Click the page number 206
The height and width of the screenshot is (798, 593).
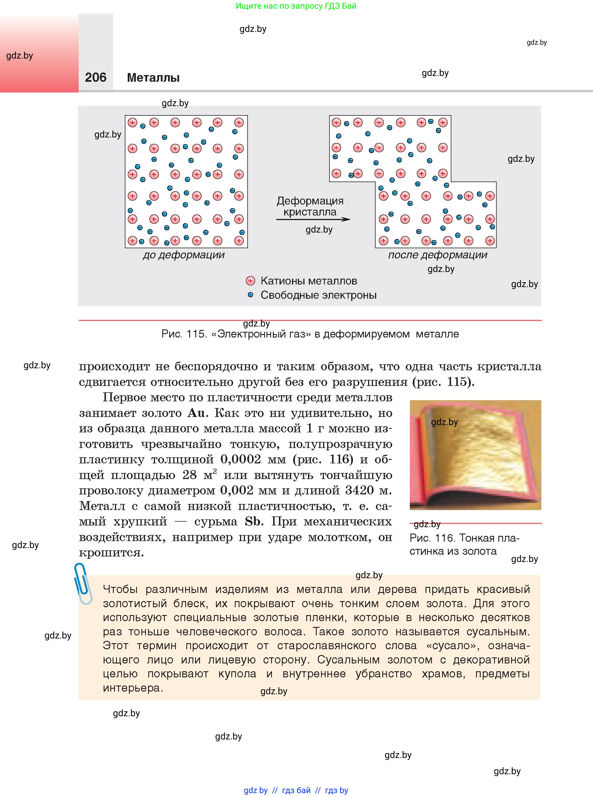point(95,77)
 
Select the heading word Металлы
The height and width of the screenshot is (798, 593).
point(153,78)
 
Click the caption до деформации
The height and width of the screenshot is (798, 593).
point(183,255)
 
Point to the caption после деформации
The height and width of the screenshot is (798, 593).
point(438,255)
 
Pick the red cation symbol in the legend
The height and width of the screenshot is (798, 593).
point(250,281)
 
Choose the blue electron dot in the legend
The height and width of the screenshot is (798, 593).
point(250,295)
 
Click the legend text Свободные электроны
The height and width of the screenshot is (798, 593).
point(318,295)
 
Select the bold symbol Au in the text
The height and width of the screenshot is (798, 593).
point(196,413)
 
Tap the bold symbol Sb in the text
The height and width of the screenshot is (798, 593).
point(253,521)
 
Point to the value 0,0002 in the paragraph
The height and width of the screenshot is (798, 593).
point(241,459)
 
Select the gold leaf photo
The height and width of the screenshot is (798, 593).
point(475,455)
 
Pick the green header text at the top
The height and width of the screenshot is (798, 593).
point(296,6)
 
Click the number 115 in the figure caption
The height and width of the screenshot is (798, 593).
point(195,334)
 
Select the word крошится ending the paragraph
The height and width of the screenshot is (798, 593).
point(111,553)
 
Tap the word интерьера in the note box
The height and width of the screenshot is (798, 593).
point(132,688)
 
